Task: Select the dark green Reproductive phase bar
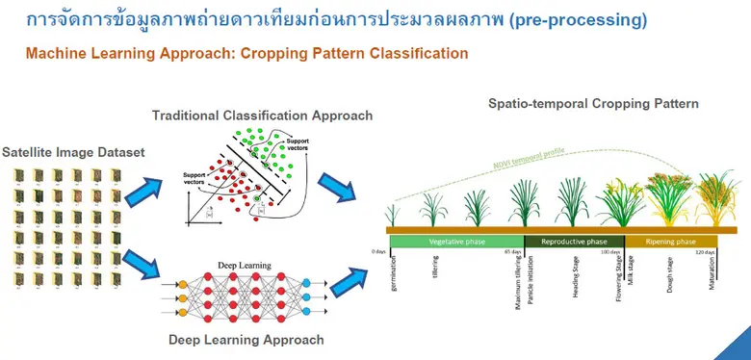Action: point(574,242)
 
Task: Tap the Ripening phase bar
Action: point(670,242)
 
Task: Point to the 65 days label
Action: point(512,252)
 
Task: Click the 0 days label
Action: point(378,252)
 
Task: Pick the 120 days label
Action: point(706,252)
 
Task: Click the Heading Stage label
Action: point(575,278)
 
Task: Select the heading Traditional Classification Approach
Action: point(262,116)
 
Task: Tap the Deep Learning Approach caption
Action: point(246,340)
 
